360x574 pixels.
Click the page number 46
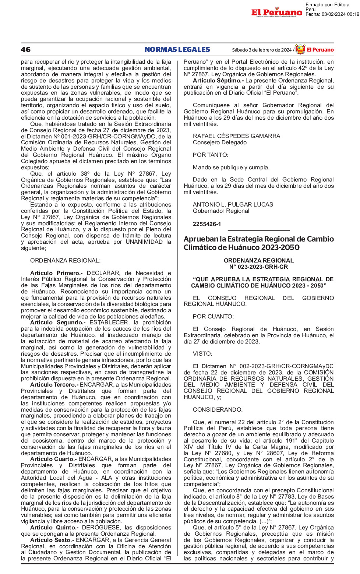click(x=26, y=50)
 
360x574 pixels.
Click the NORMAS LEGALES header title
click(x=177, y=50)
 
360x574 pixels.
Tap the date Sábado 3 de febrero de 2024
click(x=261, y=50)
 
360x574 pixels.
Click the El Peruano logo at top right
click(x=277, y=13)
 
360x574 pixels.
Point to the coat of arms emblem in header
click(x=300, y=49)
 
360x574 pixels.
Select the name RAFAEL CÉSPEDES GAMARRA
click(x=236, y=136)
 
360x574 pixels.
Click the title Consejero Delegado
click(x=220, y=142)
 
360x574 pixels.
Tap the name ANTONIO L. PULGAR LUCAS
click(x=233, y=205)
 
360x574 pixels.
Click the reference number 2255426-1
click(x=207, y=224)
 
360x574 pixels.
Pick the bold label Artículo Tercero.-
click(x=54, y=385)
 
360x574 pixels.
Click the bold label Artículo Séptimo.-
click(x=218, y=81)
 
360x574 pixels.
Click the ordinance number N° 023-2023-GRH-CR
click(x=258, y=267)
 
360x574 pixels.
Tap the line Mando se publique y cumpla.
click(x=231, y=168)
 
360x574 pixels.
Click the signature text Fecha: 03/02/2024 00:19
click(x=332, y=14)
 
